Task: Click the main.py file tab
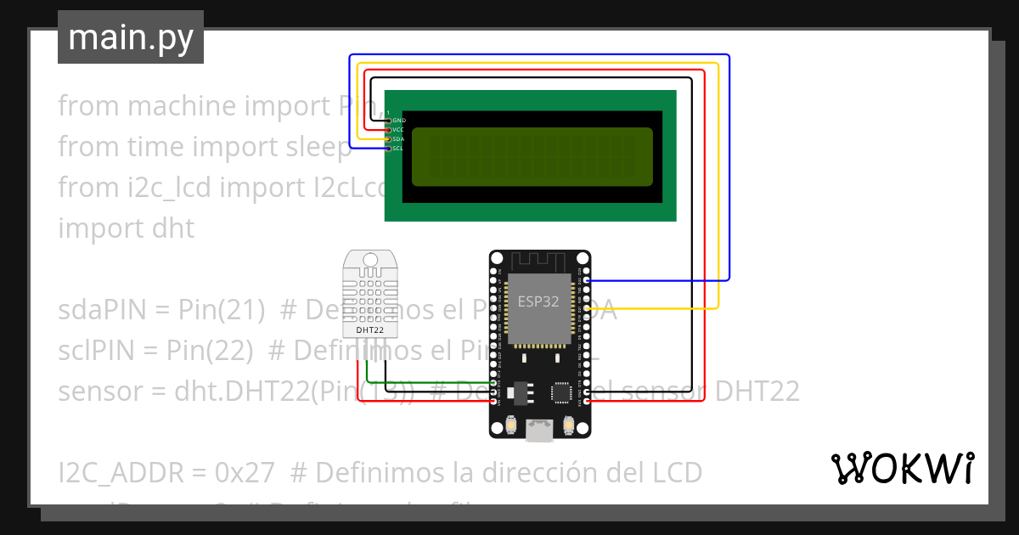click(x=130, y=37)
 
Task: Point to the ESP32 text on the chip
click(x=538, y=301)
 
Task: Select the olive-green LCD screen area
click(x=532, y=156)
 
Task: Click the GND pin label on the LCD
click(x=398, y=121)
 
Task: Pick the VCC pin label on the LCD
click(x=398, y=130)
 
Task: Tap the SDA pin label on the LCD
click(x=398, y=139)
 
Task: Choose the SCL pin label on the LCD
click(x=397, y=149)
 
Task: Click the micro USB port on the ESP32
click(x=539, y=431)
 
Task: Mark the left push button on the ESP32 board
click(x=511, y=424)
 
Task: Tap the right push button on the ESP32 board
click(x=568, y=424)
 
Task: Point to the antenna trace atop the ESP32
click(x=538, y=261)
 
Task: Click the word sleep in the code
click(x=318, y=147)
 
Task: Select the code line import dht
click(x=126, y=228)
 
